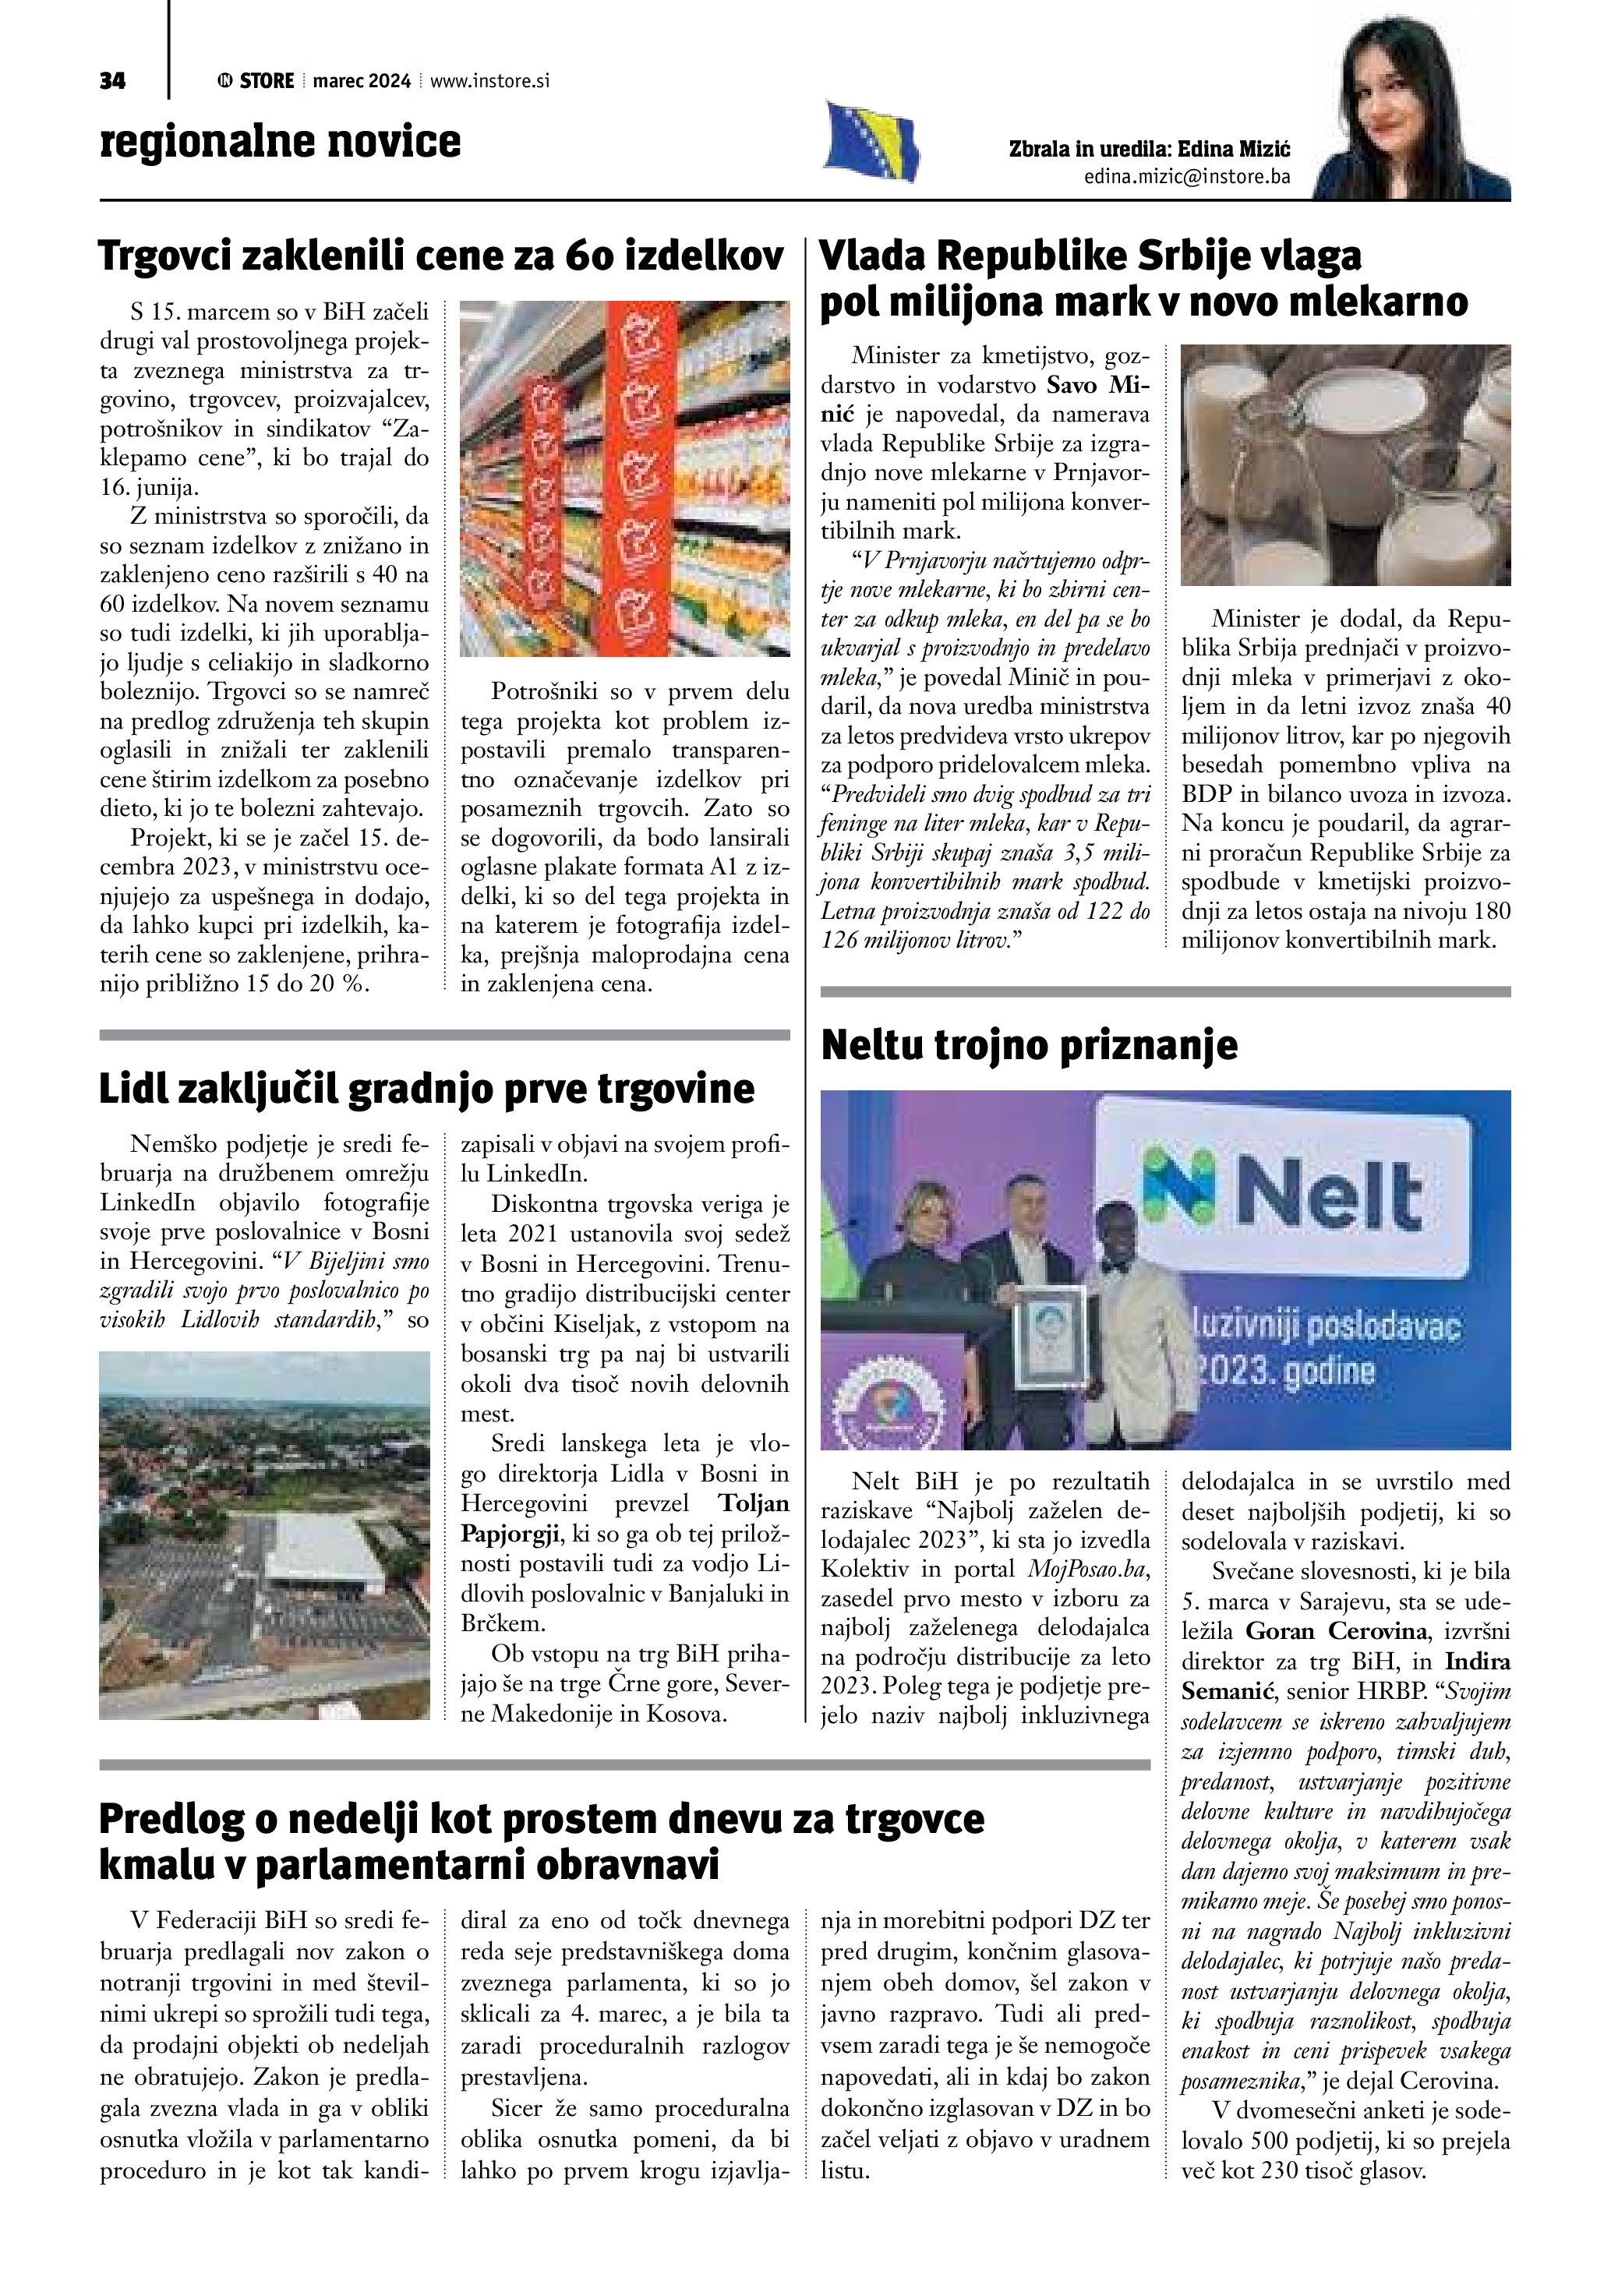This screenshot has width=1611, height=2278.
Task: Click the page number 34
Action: tap(112, 81)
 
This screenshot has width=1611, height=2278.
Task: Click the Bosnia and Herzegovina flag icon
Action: tap(871, 142)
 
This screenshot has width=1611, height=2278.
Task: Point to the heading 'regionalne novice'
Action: tap(280, 141)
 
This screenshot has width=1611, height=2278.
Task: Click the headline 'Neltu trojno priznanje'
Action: tap(1029, 1046)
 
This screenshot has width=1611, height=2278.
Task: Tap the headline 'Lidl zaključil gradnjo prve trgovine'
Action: tap(426, 1089)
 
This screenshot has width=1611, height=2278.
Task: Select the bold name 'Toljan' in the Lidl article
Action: tap(754, 1504)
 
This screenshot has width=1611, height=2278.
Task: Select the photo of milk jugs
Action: tap(1344, 464)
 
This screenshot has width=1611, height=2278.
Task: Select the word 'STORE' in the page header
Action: tap(267, 81)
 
